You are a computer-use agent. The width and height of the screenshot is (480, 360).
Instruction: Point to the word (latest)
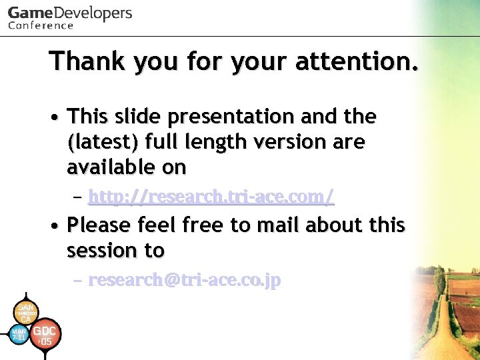103,143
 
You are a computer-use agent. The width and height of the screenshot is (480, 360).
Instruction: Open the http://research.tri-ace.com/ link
211,197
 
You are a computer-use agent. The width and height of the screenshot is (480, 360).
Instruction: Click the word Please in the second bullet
100,225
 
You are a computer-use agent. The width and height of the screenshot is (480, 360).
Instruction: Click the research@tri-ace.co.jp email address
185,281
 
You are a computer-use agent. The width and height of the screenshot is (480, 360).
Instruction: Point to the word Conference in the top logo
41,26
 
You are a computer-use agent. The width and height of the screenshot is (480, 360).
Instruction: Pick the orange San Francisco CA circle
25,313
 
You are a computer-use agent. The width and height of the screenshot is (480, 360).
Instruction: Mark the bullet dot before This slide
53,117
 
